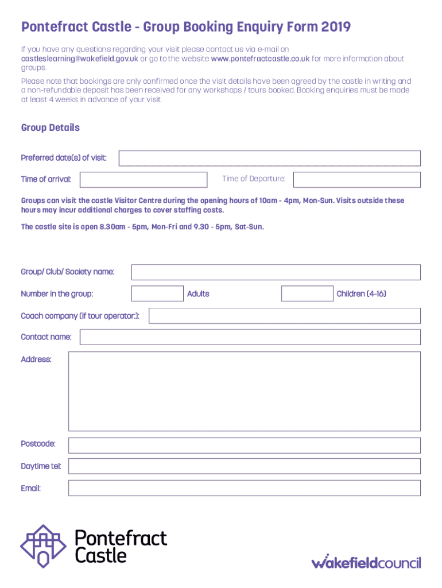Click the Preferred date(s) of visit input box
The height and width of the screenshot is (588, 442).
(269, 158)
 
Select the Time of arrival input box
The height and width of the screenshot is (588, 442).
(144, 180)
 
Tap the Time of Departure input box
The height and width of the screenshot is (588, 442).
(356, 180)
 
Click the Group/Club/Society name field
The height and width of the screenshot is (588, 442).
(276, 272)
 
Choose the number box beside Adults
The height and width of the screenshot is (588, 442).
(157, 293)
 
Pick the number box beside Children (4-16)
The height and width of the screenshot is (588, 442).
(307, 293)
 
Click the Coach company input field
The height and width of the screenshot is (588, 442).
(285, 316)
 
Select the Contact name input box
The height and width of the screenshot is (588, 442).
(250, 337)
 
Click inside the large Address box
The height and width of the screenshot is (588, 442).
(244, 390)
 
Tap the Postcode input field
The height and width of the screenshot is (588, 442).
(244, 445)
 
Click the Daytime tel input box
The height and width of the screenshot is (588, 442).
(244, 466)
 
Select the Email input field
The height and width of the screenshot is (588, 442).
(244, 488)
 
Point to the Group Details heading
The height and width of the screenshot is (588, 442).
(51, 127)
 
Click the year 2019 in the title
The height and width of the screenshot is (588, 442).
(336, 27)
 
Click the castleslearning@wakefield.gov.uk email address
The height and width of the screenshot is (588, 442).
(79, 59)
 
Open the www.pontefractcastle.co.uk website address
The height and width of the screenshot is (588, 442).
(260, 59)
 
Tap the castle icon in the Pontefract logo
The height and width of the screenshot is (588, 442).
(44, 546)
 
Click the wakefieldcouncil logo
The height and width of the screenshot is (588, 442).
(366, 561)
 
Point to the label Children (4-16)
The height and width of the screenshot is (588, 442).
(361, 294)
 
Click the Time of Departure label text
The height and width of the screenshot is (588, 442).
(253, 179)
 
